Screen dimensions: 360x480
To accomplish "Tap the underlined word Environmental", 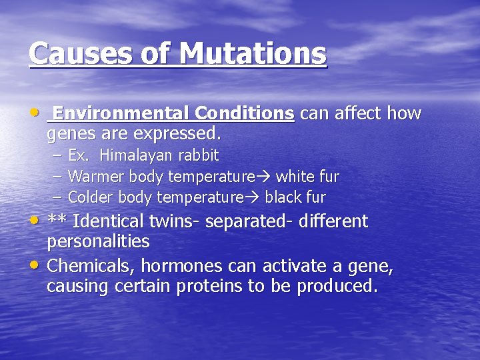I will click(121, 113).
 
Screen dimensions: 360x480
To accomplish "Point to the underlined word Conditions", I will click(245, 113).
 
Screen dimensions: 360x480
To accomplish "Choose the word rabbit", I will click(197, 156).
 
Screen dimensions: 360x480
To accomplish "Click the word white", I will click(295, 177).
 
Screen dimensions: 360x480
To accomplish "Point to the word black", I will click(285, 198).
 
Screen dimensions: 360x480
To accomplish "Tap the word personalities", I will click(98, 241).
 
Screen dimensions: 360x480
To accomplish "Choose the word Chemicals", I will click(89, 267).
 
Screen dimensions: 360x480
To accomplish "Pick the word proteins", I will click(237, 287).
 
